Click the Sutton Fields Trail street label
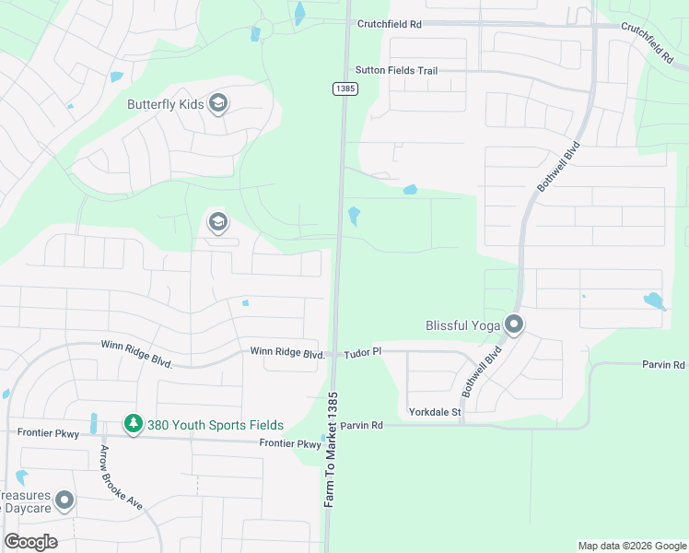(396, 70)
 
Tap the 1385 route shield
(344, 88)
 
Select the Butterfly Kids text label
(166, 103)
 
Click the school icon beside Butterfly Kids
(218, 102)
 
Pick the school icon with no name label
(217, 222)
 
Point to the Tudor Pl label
(363, 353)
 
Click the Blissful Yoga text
(462, 325)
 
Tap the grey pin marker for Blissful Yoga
(514, 324)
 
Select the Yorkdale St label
(435, 411)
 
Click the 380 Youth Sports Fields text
(215, 425)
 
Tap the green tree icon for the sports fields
(134, 424)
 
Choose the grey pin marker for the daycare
(64, 500)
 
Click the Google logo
(30, 542)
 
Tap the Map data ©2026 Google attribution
(631, 546)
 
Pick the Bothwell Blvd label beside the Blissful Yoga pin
(482, 372)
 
